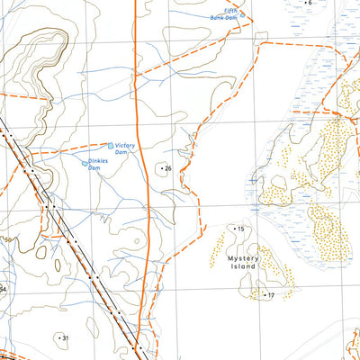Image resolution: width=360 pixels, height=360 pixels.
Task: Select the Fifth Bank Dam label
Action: [224, 13]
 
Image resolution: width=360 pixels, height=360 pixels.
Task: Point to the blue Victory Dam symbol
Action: [112, 145]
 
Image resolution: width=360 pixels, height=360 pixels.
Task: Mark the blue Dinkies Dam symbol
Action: [88, 163]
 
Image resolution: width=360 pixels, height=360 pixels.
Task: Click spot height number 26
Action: [167, 168]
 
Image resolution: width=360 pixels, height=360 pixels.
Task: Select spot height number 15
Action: [241, 229]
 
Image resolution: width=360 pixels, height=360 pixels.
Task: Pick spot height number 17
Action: [269, 295]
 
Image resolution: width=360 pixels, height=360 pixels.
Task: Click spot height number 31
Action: [64, 337]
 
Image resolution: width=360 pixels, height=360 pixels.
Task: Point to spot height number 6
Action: [310, 3]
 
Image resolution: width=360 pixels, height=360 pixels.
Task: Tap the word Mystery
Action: [242, 258]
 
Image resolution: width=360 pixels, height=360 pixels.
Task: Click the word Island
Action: [242, 267]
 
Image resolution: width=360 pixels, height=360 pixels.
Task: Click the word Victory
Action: [124, 144]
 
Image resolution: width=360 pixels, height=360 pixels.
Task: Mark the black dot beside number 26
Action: [161, 168]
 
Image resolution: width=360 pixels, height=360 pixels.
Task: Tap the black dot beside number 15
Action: [235, 229]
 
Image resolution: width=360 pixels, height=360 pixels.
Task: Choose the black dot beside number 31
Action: [58, 337]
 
